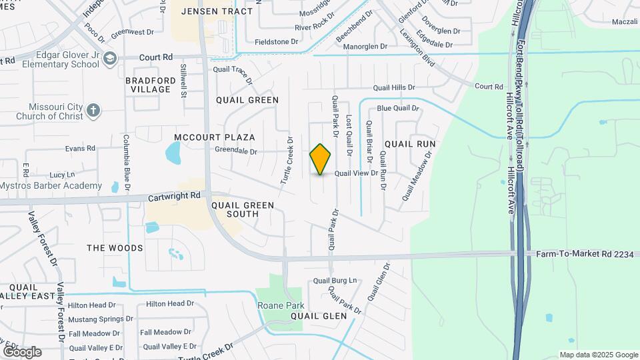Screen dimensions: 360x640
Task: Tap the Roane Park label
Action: (275, 305)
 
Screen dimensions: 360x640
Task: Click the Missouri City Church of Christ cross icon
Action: (94, 110)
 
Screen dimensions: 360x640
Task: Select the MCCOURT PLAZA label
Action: (215, 137)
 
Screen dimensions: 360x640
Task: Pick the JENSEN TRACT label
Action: (208, 11)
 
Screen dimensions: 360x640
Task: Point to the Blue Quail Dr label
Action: (397, 108)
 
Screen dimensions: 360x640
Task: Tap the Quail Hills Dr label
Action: (394, 87)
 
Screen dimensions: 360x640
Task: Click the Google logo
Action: (21, 351)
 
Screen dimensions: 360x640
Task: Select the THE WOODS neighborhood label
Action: (115, 248)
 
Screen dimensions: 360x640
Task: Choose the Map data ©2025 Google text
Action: (598, 355)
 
